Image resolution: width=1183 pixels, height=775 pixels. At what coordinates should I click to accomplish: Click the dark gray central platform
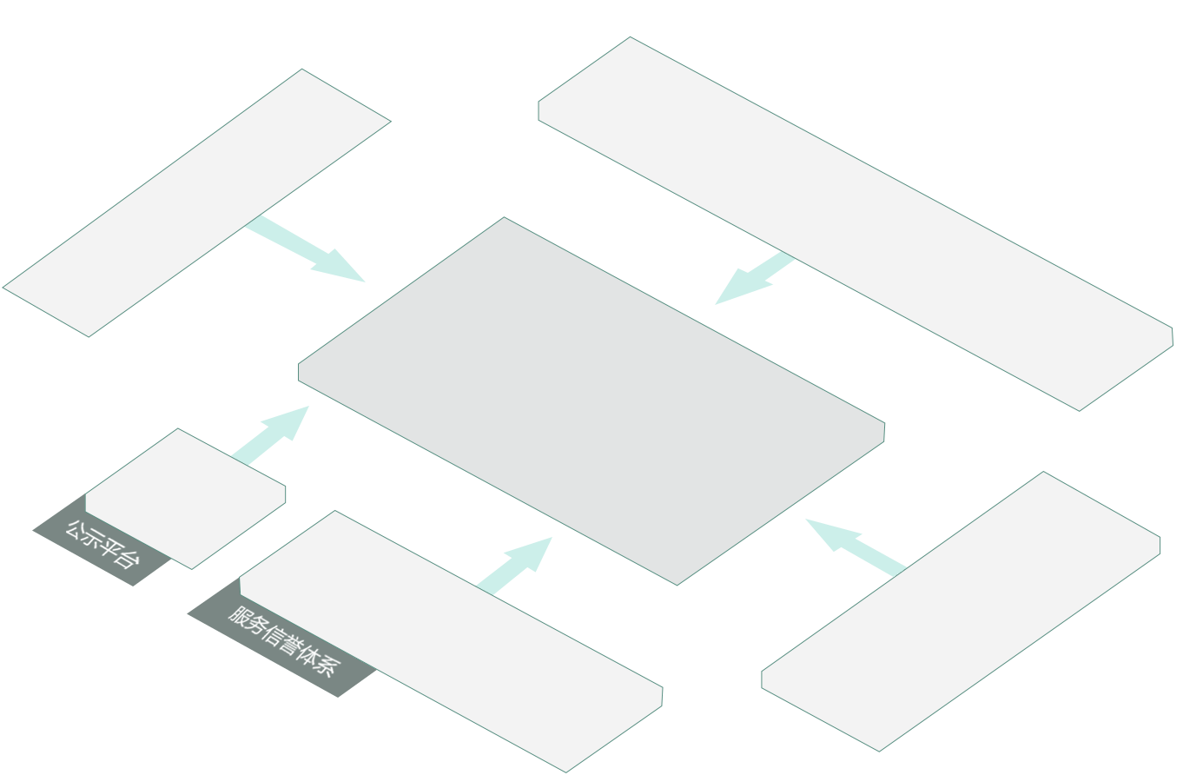591,401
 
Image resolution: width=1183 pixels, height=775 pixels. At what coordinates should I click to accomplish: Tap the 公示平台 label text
102,545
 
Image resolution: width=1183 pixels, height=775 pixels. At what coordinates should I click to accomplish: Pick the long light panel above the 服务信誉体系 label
452,641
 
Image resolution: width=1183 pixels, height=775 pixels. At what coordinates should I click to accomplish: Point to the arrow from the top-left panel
305,248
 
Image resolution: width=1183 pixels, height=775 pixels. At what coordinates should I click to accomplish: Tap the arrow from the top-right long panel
755,278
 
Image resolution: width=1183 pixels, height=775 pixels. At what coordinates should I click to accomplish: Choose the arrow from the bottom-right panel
856,547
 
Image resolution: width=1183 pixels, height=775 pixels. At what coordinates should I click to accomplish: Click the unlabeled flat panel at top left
196,202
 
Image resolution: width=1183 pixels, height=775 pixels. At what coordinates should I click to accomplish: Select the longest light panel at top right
856,223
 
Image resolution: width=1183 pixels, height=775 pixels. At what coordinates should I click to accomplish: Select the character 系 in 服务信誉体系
326,666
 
